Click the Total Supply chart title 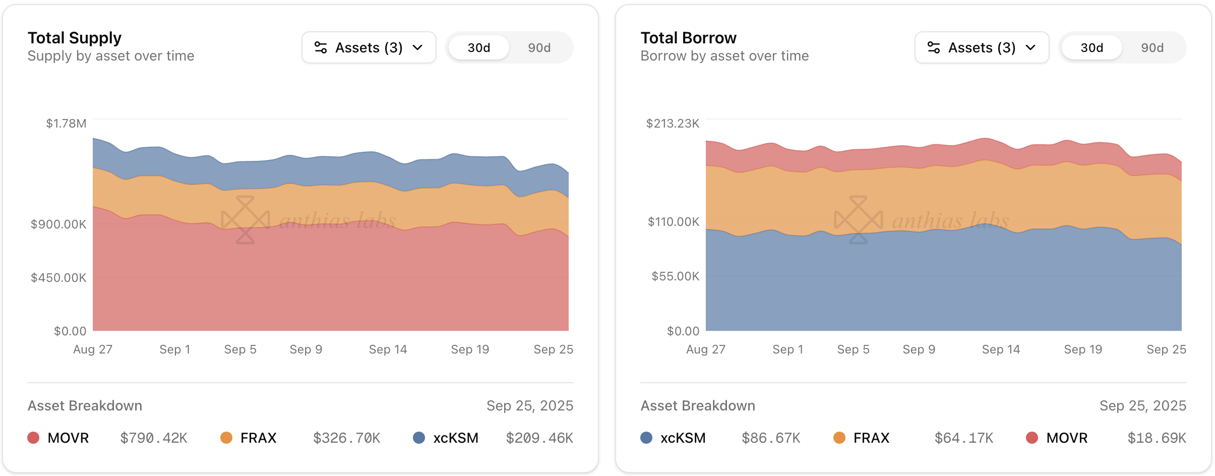tap(75, 38)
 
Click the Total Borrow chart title tap(688, 38)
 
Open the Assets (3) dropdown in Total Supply tap(369, 47)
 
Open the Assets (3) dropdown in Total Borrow tap(982, 47)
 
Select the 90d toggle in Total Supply tap(539, 48)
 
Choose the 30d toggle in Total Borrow tap(1091, 48)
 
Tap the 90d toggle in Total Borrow tap(1152, 48)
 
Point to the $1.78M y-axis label tap(66, 124)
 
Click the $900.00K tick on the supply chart tap(58, 224)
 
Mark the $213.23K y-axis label tap(673, 124)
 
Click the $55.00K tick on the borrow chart tap(675, 276)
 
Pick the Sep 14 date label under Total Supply tap(388, 349)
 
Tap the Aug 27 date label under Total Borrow tap(705, 349)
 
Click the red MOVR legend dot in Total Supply tap(33, 438)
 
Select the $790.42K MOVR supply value tap(154, 438)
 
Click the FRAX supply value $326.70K tap(347, 438)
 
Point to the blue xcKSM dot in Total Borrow tap(646, 438)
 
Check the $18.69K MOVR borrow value tap(1157, 438)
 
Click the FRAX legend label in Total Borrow tap(871, 438)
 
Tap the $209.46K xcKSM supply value tap(539, 438)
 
